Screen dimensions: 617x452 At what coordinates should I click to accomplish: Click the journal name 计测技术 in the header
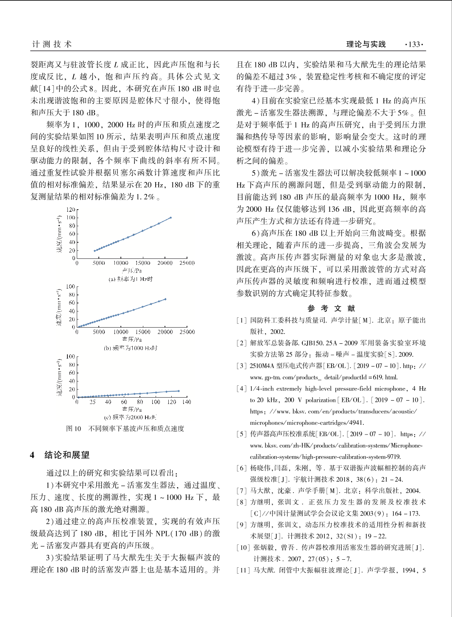click(52, 44)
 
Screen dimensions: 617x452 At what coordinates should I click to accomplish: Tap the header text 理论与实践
click(366, 44)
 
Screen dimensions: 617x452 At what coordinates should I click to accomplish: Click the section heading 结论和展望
click(67, 455)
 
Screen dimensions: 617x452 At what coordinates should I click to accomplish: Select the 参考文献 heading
click(331, 308)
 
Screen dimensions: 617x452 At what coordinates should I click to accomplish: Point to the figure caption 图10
click(73, 429)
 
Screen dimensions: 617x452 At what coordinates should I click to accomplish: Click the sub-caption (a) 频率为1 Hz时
click(131, 279)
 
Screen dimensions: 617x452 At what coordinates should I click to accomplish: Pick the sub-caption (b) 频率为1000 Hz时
click(131, 348)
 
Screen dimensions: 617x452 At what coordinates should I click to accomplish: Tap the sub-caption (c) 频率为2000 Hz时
click(131, 417)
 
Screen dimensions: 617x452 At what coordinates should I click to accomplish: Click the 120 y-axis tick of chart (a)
click(70, 210)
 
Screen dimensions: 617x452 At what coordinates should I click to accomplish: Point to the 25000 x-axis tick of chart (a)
click(187, 263)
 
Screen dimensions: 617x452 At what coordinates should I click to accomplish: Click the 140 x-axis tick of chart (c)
click(187, 402)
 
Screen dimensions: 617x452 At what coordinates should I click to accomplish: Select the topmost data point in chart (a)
click(171, 218)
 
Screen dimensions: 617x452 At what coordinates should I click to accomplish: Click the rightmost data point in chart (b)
click(165, 299)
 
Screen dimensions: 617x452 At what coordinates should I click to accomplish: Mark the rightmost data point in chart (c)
click(179, 391)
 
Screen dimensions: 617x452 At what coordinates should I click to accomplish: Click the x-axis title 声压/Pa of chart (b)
click(132, 339)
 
